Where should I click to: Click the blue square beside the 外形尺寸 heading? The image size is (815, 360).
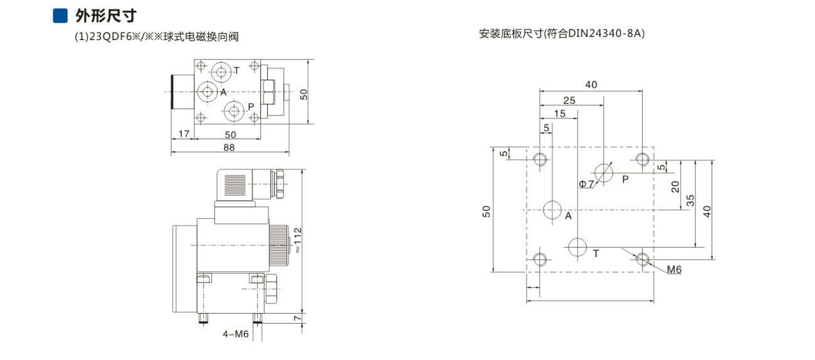point(60,16)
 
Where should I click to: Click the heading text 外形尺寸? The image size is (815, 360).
point(106,16)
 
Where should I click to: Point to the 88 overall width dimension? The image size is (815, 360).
point(229,147)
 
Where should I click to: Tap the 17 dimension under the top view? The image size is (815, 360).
point(184,134)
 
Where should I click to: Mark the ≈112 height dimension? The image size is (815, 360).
point(298,240)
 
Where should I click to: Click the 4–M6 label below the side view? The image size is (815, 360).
point(235,334)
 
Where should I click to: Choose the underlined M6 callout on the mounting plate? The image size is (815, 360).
point(674,269)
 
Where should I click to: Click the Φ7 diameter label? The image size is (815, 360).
point(586,184)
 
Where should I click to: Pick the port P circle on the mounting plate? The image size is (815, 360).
point(603,173)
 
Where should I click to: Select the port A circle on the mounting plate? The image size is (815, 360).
point(552,210)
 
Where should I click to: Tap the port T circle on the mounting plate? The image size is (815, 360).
point(577,247)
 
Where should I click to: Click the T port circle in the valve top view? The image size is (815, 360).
point(221,71)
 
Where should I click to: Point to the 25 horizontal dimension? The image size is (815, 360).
point(569,100)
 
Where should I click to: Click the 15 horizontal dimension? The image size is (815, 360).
point(560,114)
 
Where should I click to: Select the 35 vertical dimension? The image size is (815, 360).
point(690,200)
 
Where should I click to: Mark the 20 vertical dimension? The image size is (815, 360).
point(675,187)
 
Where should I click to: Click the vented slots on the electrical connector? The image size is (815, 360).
point(235,185)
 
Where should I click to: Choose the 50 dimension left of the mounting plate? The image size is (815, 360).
point(486,211)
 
